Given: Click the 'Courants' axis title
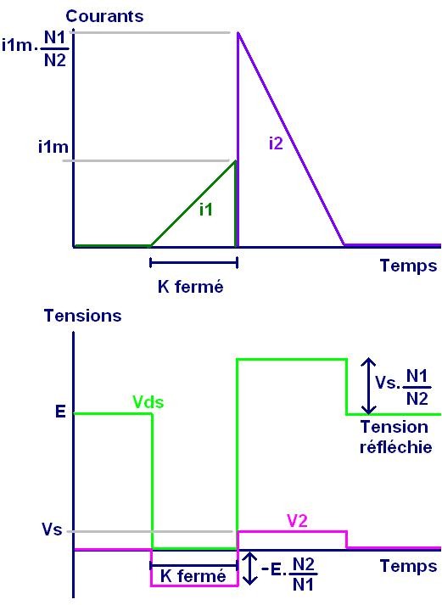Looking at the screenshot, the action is tap(104, 16).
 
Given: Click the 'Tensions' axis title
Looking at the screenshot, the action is tap(83, 316).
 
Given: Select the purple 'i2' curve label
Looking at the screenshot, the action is tap(276, 143).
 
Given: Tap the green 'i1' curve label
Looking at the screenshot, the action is tap(206, 210).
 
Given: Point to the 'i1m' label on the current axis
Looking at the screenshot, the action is tap(53, 147).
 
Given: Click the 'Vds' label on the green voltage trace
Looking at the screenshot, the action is tap(148, 402).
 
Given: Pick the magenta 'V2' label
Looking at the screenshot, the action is tap(298, 521).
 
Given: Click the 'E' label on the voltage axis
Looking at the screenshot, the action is tap(60, 412).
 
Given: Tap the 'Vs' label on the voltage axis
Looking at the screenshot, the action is tap(52, 529).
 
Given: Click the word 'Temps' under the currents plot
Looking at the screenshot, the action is tap(408, 266).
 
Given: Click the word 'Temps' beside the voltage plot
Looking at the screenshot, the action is tap(408, 567).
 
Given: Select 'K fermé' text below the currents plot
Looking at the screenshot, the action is tap(191, 287).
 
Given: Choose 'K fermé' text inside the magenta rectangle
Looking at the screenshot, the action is tap(193, 576).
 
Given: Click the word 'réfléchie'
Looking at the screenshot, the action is tap(395, 447).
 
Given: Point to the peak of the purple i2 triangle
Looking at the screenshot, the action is tap(238, 32).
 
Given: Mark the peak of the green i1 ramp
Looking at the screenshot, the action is tap(235, 161).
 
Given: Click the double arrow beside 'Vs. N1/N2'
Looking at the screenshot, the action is tap(369, 386).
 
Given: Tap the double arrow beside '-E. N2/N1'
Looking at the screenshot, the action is tap(250, 568).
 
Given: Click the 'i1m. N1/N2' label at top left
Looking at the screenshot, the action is tap(35, 48).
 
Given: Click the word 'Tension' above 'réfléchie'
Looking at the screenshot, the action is tap(394, 427).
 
